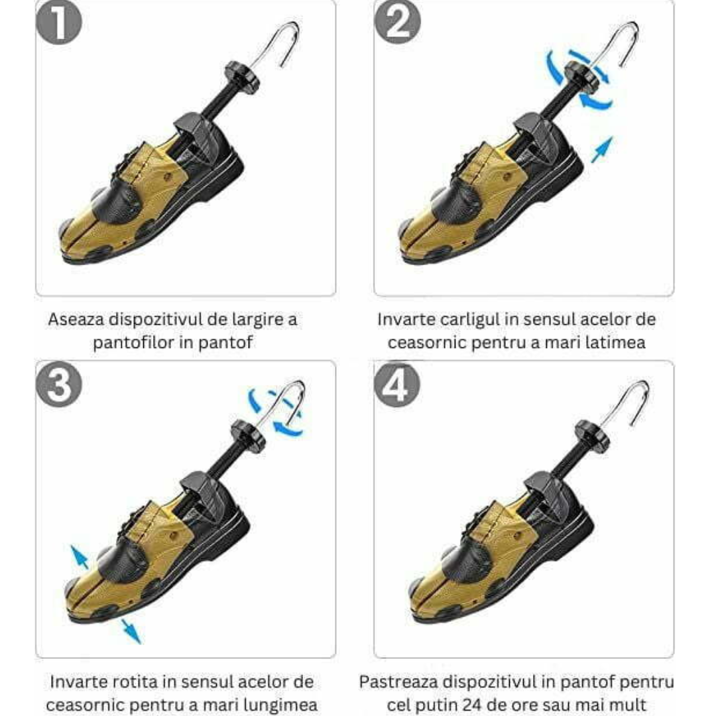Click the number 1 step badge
pos(58,23)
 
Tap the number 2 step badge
pos(397,23)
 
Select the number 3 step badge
pos(59,385)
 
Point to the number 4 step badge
pos(397,385)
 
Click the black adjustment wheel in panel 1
pos(241,78)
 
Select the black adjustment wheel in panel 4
pos(592,436)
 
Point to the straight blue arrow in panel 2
pos(601,150)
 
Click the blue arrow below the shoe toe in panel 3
pos(131,631)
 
